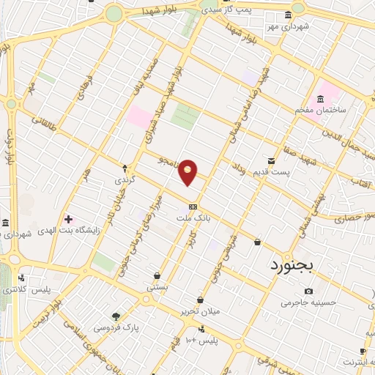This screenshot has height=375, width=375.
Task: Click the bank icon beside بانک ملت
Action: tap(193, 207)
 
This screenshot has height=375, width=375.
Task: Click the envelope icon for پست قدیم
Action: tap(272, 160)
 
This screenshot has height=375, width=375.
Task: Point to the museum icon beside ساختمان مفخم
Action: tap(320, 99)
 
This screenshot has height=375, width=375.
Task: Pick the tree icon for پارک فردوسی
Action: tap(116, 316)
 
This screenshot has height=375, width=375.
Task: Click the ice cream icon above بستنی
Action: tap(157, 276)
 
